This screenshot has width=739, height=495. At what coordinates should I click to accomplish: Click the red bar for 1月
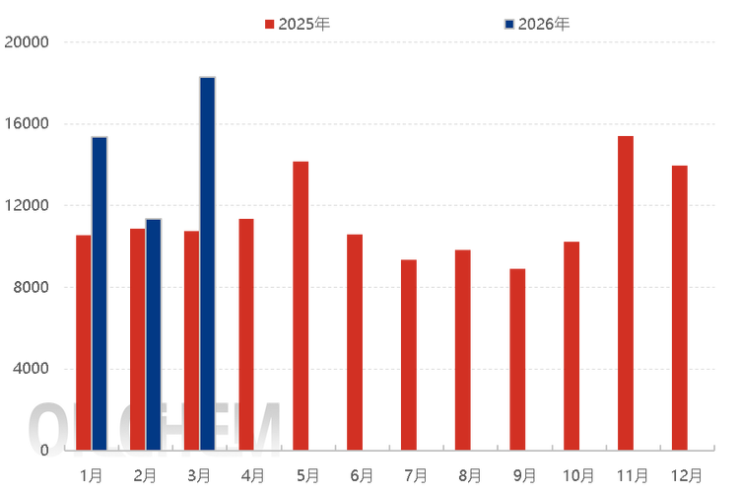82,340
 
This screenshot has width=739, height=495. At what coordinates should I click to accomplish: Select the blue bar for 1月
100,292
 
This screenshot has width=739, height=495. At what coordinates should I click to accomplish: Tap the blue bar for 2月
154,333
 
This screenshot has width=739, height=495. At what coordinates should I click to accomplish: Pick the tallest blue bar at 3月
207,261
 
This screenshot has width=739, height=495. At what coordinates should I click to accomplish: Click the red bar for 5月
301,304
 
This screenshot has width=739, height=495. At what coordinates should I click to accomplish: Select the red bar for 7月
409,353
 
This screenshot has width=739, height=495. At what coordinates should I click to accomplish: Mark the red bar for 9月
517,357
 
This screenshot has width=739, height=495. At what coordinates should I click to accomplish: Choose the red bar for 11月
626,292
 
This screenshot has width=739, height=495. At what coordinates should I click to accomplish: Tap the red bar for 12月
680,306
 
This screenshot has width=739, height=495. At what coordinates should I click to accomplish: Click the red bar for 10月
571,344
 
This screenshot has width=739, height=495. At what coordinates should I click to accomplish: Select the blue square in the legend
508,24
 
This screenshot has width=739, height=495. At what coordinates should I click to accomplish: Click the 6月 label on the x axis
361,476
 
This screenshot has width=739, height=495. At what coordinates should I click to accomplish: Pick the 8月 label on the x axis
469,476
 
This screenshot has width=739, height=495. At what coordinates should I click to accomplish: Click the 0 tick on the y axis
45,450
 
